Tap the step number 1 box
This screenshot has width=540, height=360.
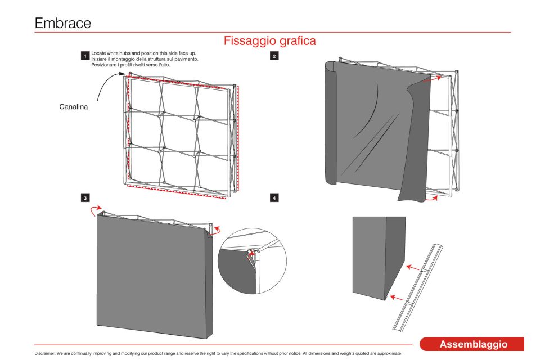(85, 56)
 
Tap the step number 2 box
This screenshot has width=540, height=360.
(273, 56)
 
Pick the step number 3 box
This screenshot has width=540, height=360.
(85, 198)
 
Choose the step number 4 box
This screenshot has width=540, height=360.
(273, 198)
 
